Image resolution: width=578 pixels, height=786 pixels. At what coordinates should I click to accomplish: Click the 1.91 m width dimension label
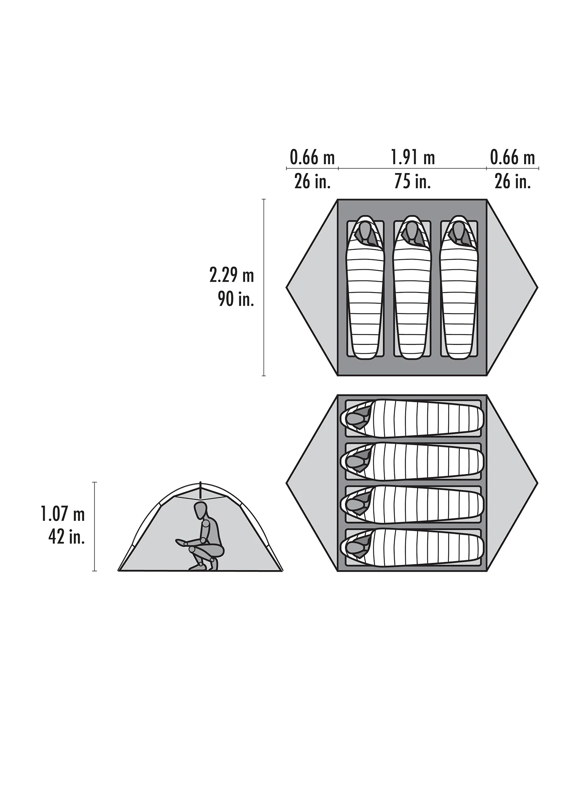click(413, 158)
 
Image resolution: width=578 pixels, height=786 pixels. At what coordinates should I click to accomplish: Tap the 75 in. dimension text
click(412, 181)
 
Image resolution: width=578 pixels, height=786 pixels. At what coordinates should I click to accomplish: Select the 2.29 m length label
click(232, 275)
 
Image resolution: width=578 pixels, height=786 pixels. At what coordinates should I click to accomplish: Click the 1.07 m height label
click(62, 514)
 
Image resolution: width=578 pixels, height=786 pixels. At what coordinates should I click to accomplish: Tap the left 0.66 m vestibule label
click(312, 158)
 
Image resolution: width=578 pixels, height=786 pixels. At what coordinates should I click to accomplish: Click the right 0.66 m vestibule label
click(512, 158)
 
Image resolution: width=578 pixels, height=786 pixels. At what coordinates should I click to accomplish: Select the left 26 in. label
click(313, 181)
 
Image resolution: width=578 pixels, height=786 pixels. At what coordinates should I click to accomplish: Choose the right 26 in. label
click(513, 181)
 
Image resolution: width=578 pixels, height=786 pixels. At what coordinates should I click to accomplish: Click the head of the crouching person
click(201, 511)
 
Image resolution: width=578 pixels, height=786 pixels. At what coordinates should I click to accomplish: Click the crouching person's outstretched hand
click(179, 541)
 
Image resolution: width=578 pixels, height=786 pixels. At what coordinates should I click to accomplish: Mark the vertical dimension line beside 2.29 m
click(264, 287)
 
